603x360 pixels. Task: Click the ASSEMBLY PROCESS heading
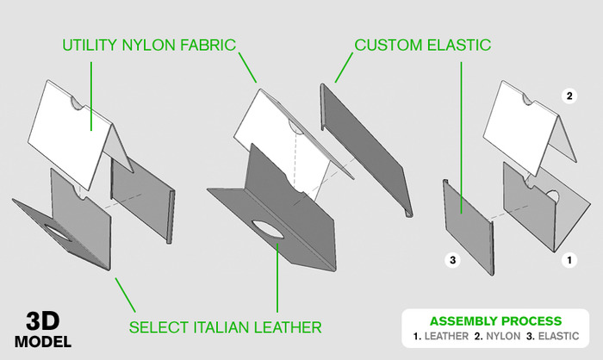495,320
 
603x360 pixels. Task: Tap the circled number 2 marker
569,94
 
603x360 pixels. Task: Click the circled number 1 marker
569,258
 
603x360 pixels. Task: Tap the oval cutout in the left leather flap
59,233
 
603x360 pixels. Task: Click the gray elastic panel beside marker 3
465,207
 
